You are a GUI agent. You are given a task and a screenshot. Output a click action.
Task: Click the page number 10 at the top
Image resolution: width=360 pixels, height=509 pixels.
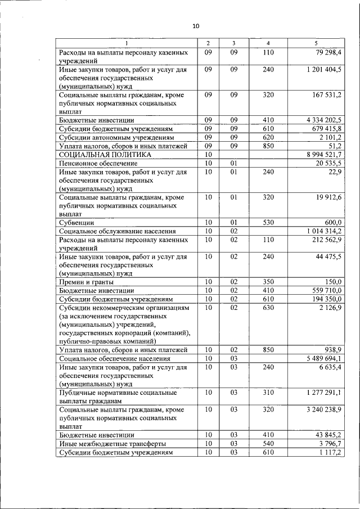coord(195,26)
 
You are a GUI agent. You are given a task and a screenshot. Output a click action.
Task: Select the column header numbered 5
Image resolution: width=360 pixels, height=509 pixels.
coord(316,43)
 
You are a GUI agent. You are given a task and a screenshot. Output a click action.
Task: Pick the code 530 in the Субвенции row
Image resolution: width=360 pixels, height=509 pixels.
coord(268,223)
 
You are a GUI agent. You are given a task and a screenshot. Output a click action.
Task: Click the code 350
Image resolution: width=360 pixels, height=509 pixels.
coord(268,282)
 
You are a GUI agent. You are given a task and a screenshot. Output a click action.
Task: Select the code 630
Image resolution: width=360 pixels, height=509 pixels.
coord(268,308)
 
